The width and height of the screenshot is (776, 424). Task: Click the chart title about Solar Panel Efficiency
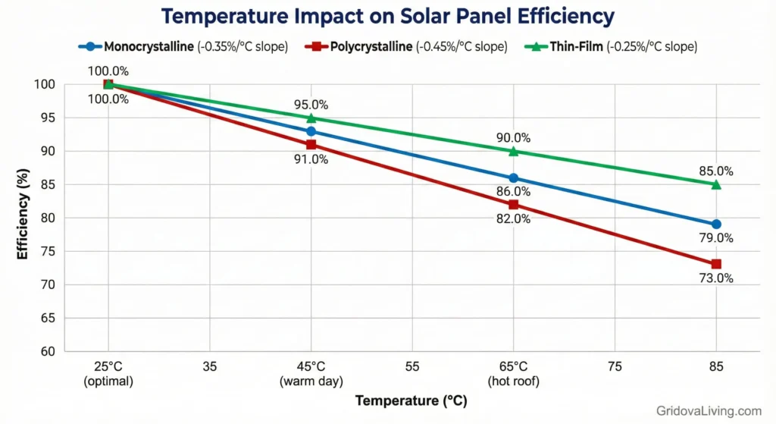point(387,16)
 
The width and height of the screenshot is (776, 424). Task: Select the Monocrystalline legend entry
point(183,46)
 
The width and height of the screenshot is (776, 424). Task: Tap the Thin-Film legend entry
point(611,46)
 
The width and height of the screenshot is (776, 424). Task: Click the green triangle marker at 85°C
point(716,184)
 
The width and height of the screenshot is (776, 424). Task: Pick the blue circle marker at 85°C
point(716,225)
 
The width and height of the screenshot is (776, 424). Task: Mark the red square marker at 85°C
point(716,264)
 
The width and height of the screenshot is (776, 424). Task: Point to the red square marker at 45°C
point(311,144)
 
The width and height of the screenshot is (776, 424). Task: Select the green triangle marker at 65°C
point(514,151)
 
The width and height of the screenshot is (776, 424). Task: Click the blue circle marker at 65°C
point(514,178)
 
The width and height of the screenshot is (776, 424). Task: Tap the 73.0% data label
point(716,278)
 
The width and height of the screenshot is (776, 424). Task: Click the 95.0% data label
point(311,105)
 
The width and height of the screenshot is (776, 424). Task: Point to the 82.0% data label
point(514,218)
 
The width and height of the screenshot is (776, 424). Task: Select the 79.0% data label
point(716,238)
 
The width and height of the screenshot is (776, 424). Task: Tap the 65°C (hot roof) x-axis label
point(514,374)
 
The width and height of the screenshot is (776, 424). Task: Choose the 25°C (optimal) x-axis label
point(108,374)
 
